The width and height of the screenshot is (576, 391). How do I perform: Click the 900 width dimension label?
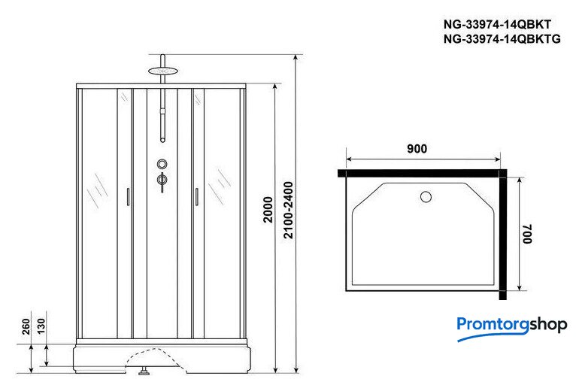tap(417, 149)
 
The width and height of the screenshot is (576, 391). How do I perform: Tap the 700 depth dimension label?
tap(528, 234)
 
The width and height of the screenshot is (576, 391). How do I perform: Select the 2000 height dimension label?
tap(268, 210)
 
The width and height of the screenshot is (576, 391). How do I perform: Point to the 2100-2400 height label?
tap(288, 210)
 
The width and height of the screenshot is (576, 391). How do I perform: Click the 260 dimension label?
tap(26, 326)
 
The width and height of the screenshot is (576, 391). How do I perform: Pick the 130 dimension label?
tap(41, 326)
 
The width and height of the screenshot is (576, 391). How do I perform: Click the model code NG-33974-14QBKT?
tap(497, 25)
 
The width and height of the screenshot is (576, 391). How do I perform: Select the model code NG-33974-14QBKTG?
tap(502, 38)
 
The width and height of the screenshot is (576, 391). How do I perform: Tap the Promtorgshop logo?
tap(512, 328)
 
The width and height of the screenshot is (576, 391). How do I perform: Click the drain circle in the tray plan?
tap(426, 197)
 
